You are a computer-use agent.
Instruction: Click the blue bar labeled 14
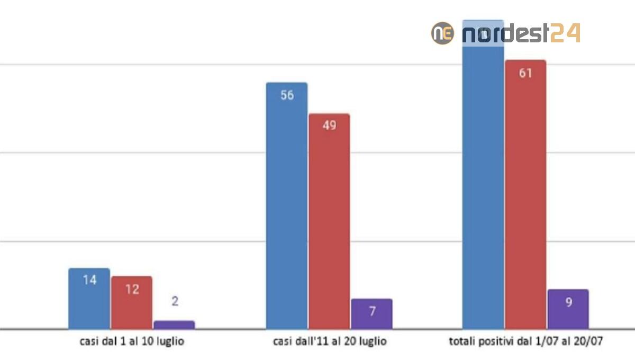click(89, 299)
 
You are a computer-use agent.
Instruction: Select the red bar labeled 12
click(132, 303)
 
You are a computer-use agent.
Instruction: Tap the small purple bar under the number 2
click(174, 325)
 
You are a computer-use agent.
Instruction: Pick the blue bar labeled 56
click(287, 206)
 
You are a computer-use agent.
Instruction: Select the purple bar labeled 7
click(372, 314)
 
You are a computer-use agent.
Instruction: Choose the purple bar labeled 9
click(568, 309)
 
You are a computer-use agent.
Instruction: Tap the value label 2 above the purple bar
click(175, 301)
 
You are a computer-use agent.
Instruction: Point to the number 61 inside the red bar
click(525, 74)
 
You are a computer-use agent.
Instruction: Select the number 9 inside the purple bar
click(568, 303)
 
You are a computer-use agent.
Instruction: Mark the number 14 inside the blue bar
click(89, 280)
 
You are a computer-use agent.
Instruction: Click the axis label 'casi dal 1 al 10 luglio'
click(129, 341)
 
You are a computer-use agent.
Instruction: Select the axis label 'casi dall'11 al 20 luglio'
click(330, 341)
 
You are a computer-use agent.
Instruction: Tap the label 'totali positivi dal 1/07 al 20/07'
click(526, 341)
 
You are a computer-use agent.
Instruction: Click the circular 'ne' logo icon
click(442, 33)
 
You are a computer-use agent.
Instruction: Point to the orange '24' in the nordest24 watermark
click(565, 33)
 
